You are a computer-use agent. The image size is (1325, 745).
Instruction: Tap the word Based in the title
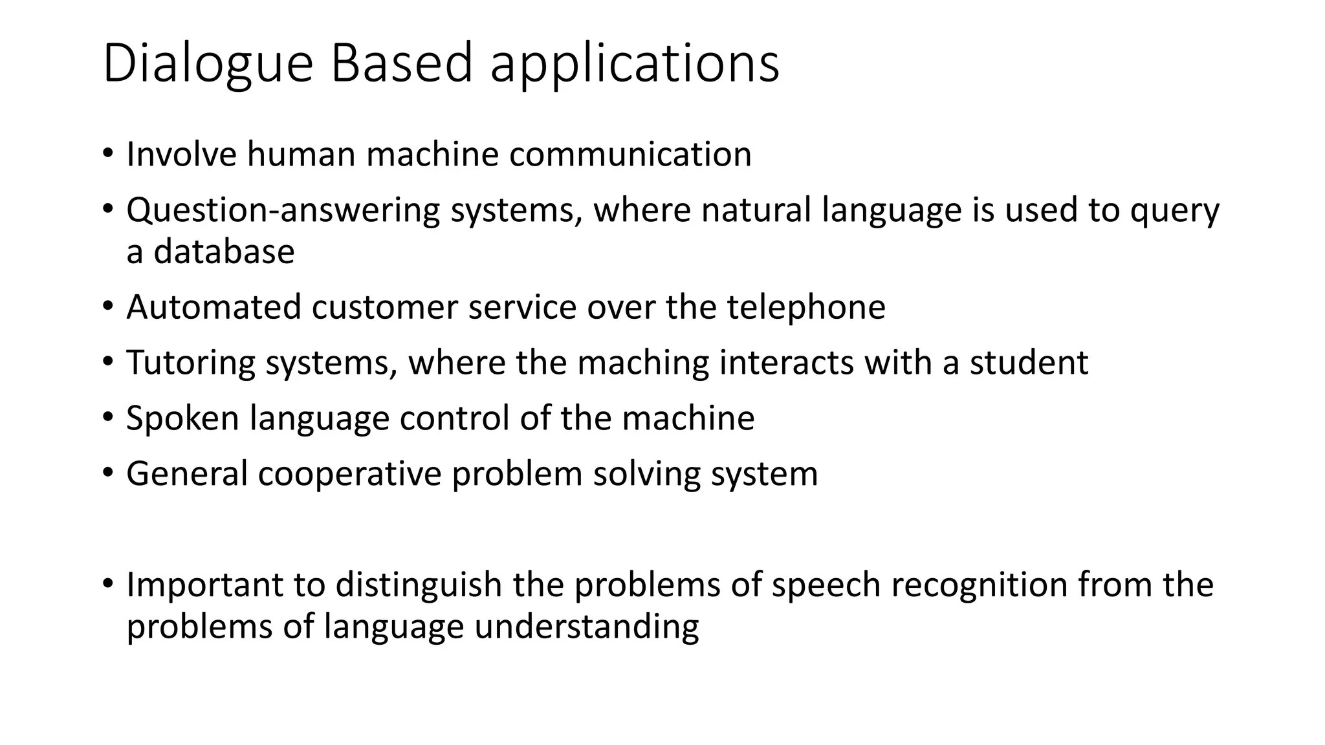[x=401, y=63]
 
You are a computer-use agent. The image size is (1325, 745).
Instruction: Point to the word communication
[x=630, y=155]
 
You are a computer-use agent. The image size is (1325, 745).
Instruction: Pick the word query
[x=1174, y=211]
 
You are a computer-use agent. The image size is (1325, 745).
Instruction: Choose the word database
[x=224, y=252]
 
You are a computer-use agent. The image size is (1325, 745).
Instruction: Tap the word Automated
[x=214, y=307]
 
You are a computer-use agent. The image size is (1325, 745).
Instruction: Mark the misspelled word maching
[x=643, y=363]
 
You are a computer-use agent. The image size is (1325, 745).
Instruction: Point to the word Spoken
[x=182, y=418]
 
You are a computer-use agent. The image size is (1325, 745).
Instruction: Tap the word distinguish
[x=419, y=585]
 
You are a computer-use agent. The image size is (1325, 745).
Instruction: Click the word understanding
[x=586, y=627]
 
